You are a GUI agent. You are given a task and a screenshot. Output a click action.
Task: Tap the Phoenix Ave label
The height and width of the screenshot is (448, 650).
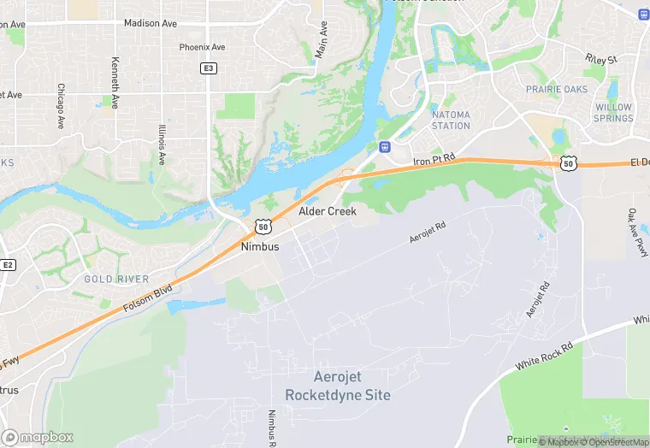pos(202,47)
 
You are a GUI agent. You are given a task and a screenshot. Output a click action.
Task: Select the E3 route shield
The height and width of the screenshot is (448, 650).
pos(208,68)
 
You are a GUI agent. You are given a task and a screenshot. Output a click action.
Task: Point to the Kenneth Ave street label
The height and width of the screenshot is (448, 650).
pos(115,77)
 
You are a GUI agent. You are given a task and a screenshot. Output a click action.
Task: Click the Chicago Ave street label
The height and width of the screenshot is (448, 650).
pos(61,106)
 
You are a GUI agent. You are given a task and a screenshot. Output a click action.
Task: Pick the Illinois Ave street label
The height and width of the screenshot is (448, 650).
pos(162,144)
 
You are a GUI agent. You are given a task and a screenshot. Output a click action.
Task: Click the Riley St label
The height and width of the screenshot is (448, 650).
pos(601,59)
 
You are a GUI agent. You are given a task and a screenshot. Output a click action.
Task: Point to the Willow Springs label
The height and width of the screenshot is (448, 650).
pos(613,113)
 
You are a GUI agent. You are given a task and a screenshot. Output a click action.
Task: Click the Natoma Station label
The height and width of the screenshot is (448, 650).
pos(451,120)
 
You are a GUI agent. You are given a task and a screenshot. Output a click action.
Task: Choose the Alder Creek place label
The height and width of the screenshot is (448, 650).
pos(328,210)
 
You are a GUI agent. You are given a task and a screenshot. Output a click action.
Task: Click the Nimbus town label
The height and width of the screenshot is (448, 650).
pos(260,246)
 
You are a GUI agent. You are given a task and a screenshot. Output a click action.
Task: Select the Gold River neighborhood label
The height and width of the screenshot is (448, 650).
pos(116,280)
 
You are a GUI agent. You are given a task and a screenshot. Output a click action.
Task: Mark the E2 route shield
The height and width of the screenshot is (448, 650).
pos(8,266)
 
